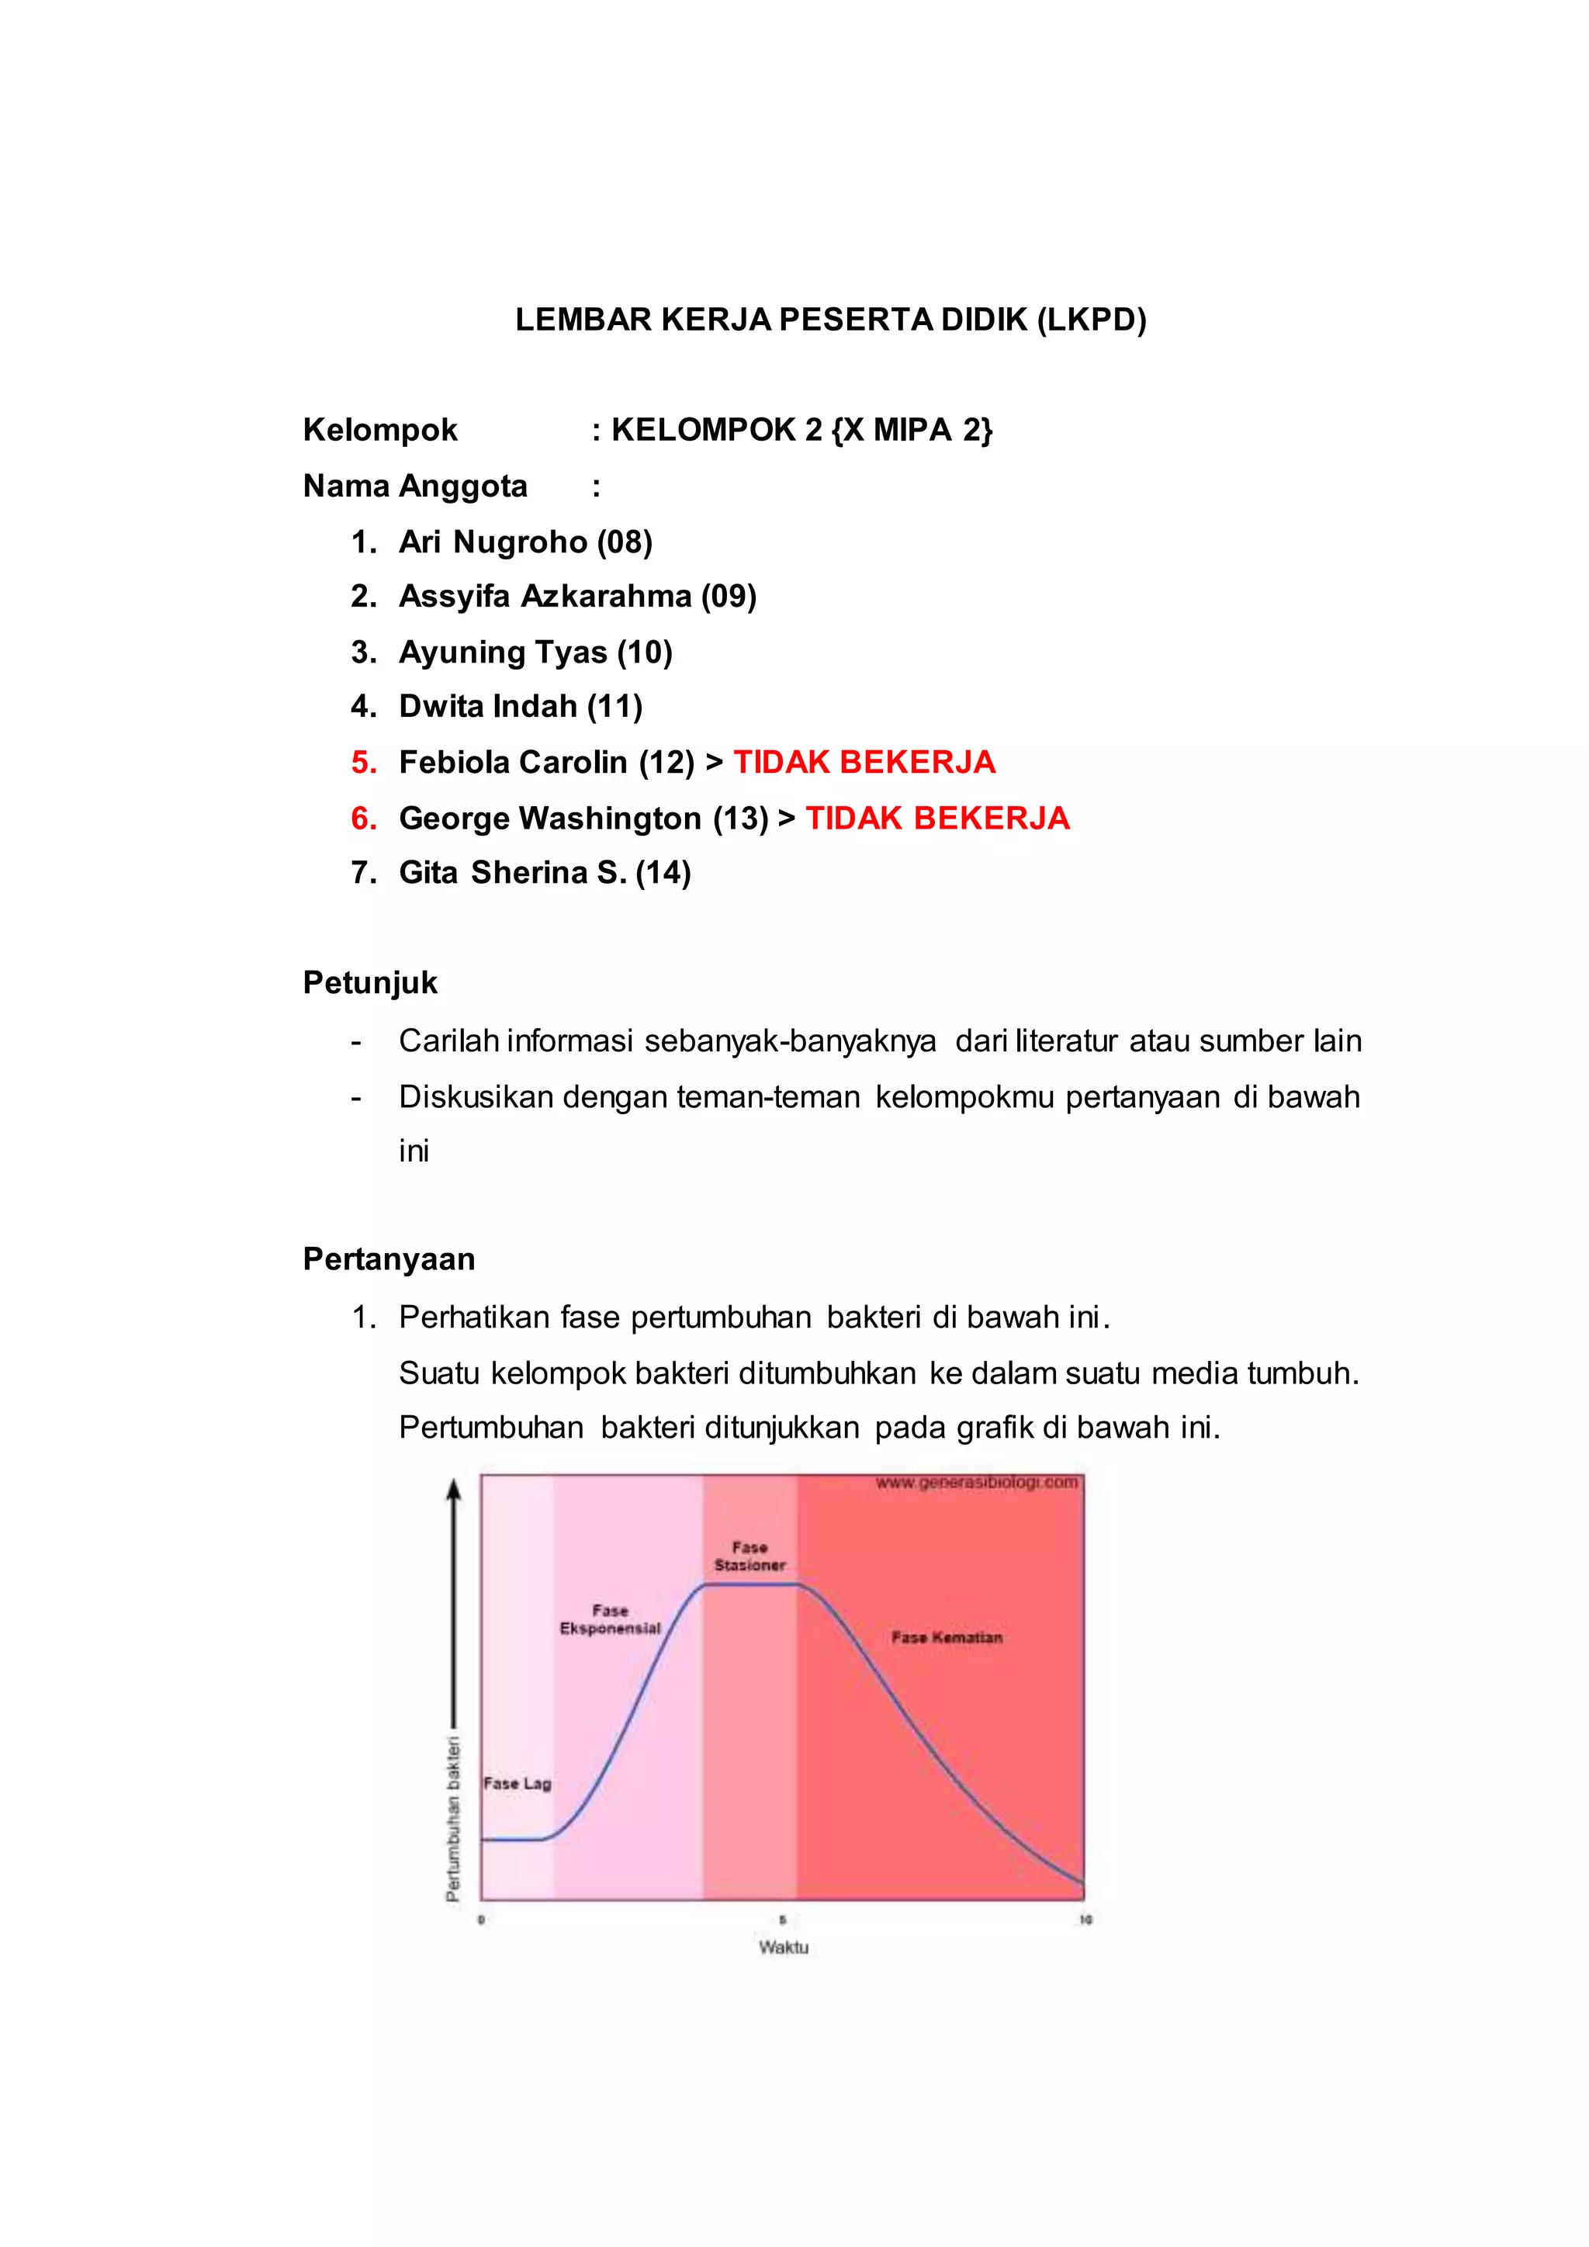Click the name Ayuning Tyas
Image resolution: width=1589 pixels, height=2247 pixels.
503,652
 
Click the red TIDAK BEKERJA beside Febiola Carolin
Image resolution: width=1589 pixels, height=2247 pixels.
864,763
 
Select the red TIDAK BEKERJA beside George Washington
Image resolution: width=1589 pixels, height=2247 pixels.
936,818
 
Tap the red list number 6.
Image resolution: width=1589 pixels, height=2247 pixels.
363,818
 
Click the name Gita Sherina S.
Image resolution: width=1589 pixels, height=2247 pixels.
513,873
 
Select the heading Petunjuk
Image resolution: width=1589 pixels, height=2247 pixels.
370,982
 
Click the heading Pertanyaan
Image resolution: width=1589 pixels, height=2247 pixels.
389,1259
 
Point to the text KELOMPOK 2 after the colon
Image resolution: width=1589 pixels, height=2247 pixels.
716,431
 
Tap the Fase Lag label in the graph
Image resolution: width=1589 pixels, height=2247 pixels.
518,1783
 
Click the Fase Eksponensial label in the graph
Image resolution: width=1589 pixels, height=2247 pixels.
610,1619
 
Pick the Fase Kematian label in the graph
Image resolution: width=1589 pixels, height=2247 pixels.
946,1637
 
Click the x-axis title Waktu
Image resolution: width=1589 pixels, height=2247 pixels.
784,1948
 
